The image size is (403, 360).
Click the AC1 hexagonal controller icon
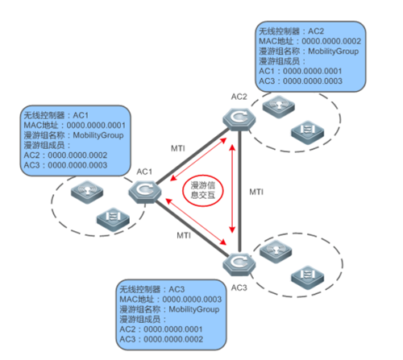click(x=145, y=191)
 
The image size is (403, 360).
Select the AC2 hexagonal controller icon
click(x=239, y=119)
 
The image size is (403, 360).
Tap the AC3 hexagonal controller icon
click(x=239, y=264)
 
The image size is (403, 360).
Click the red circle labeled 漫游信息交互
click(x=203, y=190)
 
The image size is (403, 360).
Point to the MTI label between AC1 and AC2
click(x=178, y=148)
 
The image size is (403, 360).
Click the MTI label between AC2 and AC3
click(x=256, y=192)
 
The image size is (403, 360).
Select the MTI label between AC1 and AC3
click(x=184, y=235)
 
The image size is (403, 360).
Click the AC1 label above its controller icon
click(x=144, y=172)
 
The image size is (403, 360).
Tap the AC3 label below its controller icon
click(x=239, y=288)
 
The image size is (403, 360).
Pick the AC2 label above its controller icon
click(x=239, y=97)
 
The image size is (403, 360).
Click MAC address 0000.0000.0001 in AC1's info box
click(x=96, y=126)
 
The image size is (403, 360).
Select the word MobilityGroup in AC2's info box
click(x=333, y=52)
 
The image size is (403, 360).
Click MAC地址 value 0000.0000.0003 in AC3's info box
click(x=192, y=300)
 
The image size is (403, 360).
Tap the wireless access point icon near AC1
click(x=87, y=192)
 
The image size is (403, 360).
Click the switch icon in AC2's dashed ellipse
click(x=307, y=131)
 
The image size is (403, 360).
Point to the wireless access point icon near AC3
click(x=276, y=251)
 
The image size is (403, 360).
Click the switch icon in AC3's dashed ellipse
click(x=307, y=276)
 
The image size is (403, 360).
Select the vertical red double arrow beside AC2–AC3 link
click(x=232, y=188)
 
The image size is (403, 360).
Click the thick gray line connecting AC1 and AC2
click(x=193, y=156)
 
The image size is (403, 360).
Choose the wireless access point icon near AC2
click(x=279, y=106)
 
